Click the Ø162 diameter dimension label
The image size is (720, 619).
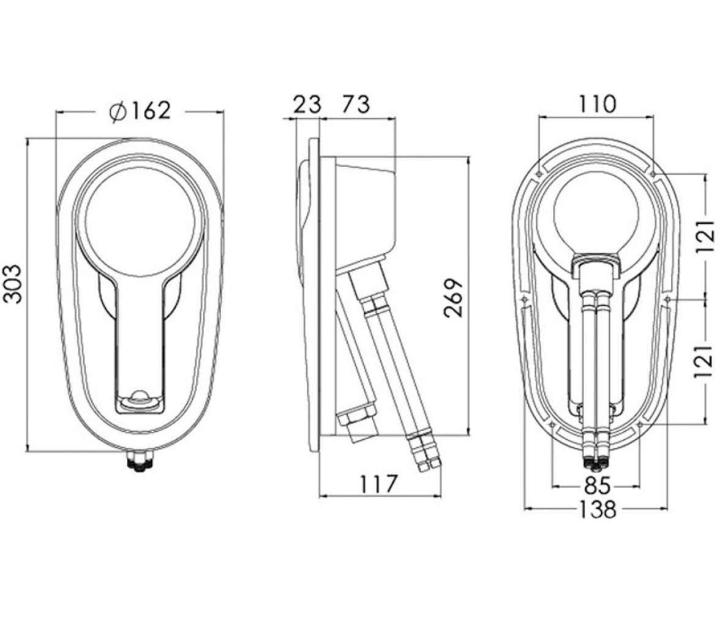tap(141, 111)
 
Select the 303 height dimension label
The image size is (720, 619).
tap(13, 283)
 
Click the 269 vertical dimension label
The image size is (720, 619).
tap(454, 298)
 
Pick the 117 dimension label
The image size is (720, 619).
tap(378, 484)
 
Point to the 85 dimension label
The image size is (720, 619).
tap(597, 485)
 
